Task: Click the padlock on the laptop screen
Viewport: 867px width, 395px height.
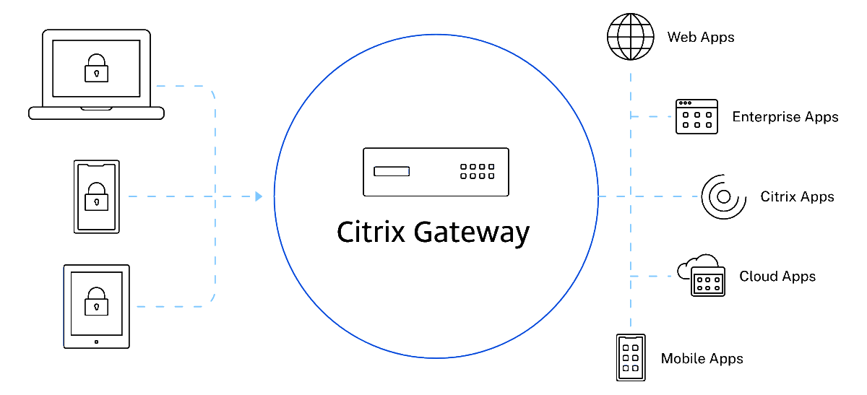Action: click(96, 69)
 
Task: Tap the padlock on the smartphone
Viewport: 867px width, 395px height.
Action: click(97, 197)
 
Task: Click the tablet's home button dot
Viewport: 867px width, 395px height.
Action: click(97, 341)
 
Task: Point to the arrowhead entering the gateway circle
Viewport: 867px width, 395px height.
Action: click(259, 196)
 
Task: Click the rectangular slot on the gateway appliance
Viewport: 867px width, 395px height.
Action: click(391, 171)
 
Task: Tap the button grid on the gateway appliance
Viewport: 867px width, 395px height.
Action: click(478, 171)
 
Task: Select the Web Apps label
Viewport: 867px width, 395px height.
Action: click(700, 37)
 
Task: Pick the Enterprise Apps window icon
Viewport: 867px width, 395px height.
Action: click(696, 117)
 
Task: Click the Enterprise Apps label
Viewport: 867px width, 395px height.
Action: click(785, 117)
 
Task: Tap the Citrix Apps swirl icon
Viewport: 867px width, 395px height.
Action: click(723, 196)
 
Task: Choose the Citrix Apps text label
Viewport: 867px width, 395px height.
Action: click(797, 196)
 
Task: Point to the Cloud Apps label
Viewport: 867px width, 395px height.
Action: click(777, 277)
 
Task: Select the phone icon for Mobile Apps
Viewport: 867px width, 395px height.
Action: click(630, 357)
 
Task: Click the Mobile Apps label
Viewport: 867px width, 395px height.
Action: click(702, 359)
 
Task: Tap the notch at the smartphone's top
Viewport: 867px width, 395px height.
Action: click(97, 166)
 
